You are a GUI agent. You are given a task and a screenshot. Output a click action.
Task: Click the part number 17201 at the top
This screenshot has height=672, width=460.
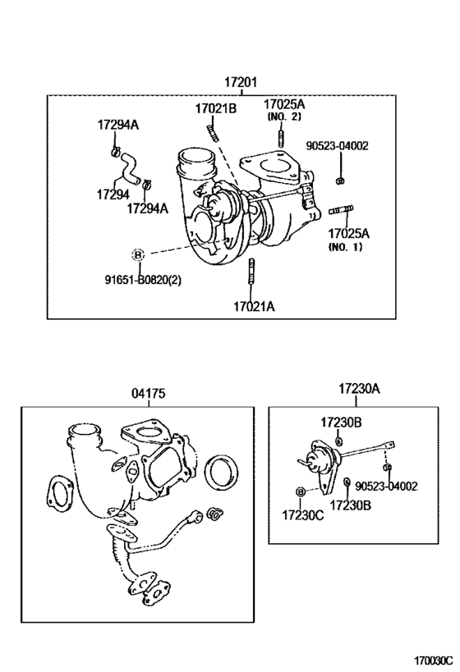241,82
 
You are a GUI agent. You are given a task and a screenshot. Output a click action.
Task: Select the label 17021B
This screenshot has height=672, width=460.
215,108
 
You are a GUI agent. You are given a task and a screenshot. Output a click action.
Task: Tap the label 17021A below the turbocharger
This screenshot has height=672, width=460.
253,306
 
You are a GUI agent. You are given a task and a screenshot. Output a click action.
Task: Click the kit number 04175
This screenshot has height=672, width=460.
149,394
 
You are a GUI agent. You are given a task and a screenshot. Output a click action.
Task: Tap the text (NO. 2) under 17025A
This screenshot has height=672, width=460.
284,117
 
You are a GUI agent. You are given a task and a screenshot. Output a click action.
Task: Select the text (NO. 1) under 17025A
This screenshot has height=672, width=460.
344,247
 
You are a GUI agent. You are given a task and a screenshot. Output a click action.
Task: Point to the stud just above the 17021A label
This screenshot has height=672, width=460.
251,272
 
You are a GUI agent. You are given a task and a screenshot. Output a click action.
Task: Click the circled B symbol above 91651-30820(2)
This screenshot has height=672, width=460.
138,253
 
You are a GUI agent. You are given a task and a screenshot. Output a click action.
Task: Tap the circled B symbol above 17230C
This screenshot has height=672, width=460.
301,491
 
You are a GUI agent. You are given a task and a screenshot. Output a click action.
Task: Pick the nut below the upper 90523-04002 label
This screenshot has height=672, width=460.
339,179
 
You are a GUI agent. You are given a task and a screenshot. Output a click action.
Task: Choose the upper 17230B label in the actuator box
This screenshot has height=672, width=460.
336,422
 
